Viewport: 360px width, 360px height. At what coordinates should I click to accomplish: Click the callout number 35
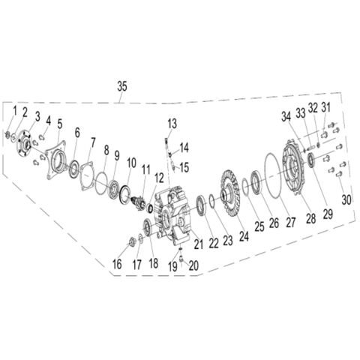(x=122, y=86)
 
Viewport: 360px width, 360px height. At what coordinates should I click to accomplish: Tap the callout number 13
(x=172, y=124)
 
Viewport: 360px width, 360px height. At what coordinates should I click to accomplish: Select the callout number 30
(x=346, y=199)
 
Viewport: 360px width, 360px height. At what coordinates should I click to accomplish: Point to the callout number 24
(x=244, y=236)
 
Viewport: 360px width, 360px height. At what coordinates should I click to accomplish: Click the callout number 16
(x=117, y=264)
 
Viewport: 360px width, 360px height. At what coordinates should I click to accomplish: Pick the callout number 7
(x=93, y=143)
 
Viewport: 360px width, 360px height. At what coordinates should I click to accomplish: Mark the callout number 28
(x=311, y=219)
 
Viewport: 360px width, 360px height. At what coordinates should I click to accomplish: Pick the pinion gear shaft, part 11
(x=139, y=203)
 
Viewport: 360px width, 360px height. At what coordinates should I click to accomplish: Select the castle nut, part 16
(x=132, y=241)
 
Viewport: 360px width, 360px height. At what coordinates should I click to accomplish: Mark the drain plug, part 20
(x=181, y=260)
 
